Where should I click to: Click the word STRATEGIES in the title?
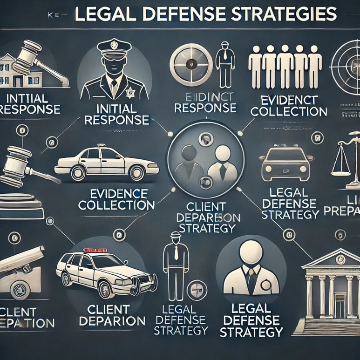(x=284, y=14)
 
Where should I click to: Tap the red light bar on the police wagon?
(x=95, y=251)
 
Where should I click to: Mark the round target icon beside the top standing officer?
(x=188, y=64)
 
